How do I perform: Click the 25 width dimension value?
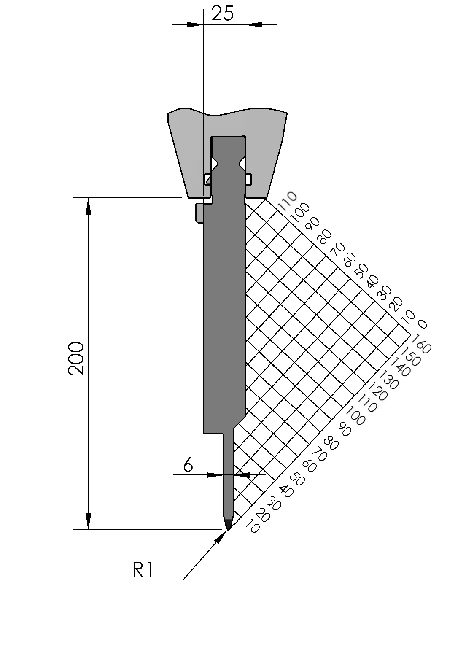(223, 14)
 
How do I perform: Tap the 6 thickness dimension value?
(188, 465)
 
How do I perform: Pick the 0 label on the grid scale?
(422, 324)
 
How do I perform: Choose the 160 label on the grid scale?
(421, 345)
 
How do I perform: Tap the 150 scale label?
(411, 357)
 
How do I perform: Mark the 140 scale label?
(400, 368)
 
